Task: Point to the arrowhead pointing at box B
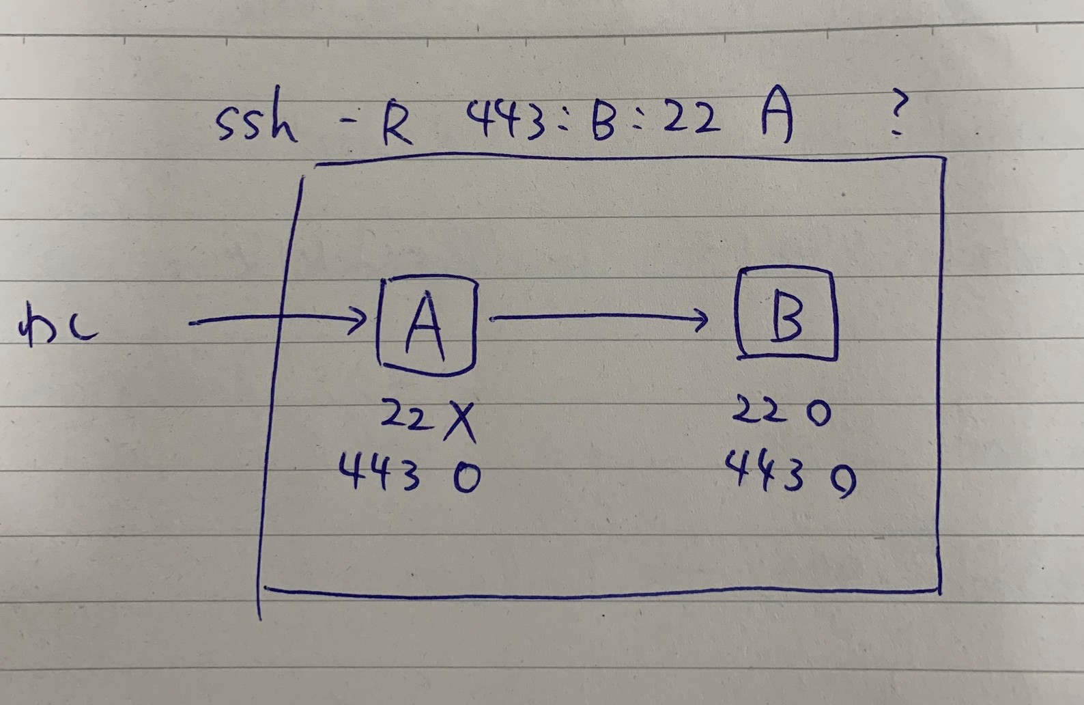coord(700,317)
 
